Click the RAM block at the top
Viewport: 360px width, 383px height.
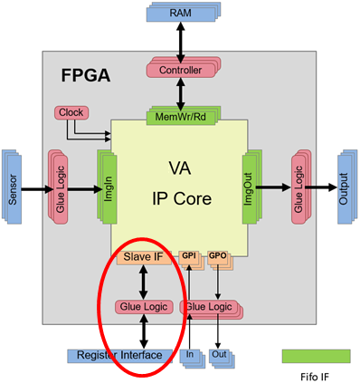[x=184, y=13]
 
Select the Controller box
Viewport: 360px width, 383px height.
[x=184, y=67]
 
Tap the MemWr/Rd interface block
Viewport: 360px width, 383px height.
[x=184, y=116]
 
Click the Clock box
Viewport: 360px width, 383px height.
[x=71, y=112]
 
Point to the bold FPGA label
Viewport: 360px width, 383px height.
[x=86, y=75]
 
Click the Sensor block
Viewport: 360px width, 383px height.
[x=12, y=187]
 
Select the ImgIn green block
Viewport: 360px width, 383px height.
[x=107, y=187]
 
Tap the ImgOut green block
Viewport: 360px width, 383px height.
[x=251, y=187]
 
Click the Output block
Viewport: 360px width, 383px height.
[x=347, y=187]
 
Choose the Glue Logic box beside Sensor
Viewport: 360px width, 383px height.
[x=58, y=187]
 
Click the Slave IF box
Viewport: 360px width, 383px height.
[x=144, y=257]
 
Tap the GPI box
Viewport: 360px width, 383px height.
[x=192, y=259]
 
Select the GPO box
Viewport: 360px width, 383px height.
[x=220, y=259]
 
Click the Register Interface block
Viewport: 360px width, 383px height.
[x=119, y=356]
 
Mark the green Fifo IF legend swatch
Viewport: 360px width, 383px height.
[x=317, y=356]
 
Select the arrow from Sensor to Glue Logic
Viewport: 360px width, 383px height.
[x=37, y=189]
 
